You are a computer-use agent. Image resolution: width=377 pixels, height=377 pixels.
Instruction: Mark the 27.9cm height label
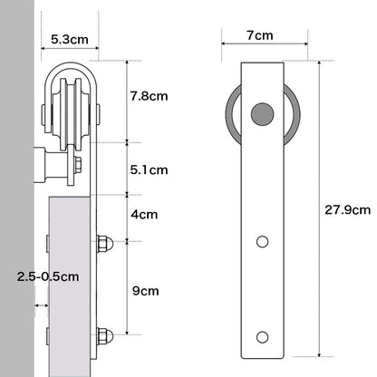click(x=348, y=209)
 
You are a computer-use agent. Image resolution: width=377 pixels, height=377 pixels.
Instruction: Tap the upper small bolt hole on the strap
click(x=262, y=242)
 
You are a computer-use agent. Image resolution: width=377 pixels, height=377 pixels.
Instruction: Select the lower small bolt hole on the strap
click(x=262, y=337)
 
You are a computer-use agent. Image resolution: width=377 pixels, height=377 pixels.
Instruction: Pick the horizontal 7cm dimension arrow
click(x=262, y=45)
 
